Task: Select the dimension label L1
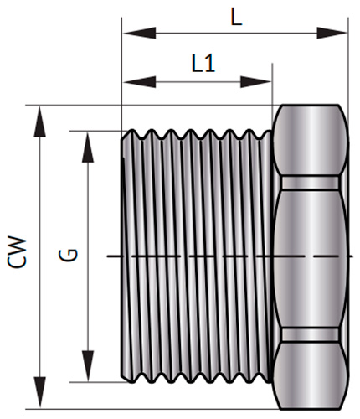click(x=203, y=64)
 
